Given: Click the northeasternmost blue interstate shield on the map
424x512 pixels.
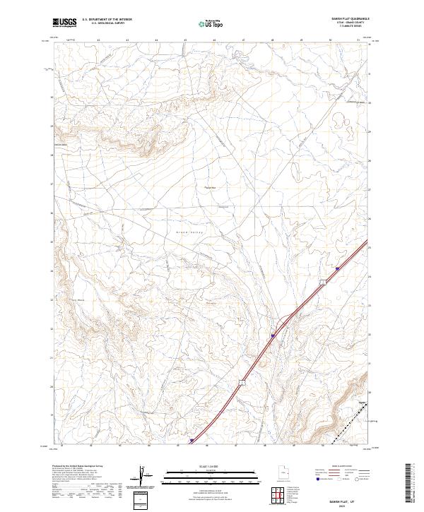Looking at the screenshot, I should pos(338,269).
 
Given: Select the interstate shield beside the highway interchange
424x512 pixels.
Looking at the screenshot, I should pos(273,336).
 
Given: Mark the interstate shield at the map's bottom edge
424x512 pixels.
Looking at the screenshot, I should pos(191,441).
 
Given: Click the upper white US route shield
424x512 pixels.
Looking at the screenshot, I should pos(322,282).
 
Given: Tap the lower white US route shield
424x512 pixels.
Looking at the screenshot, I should pos(242,383).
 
